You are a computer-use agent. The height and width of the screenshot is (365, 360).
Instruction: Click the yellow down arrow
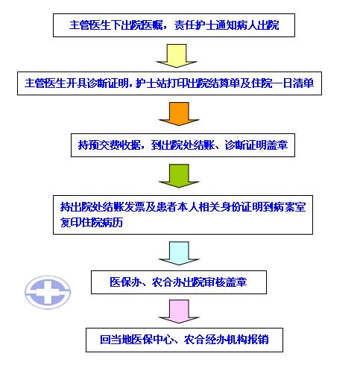[177, 56]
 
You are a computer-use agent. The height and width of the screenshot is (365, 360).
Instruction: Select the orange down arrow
[179, 114]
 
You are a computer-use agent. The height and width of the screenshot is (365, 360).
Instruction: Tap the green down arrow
[179, 176]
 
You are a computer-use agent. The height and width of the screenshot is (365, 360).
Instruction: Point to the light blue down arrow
[179, 253]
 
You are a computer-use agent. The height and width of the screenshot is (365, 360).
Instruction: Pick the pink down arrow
[179, 311]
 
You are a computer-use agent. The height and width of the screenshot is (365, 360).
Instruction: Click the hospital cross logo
[48, 292]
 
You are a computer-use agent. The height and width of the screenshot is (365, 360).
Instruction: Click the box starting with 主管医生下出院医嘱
[174, 25]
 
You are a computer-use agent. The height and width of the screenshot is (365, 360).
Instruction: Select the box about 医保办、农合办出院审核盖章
[179, 282]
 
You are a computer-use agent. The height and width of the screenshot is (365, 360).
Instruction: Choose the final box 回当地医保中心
[184, 340]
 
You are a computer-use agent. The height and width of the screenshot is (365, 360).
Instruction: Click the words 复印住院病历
[92, 222]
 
